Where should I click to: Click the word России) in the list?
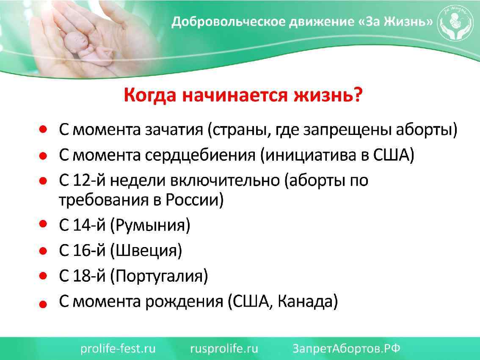coord(195,200)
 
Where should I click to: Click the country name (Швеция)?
coord(146,251)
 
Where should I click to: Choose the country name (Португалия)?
coord(159,277)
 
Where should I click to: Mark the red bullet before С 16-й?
coord(43,251)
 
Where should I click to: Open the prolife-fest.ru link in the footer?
coord(118,349)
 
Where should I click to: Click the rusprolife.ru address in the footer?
coord(224,349)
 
